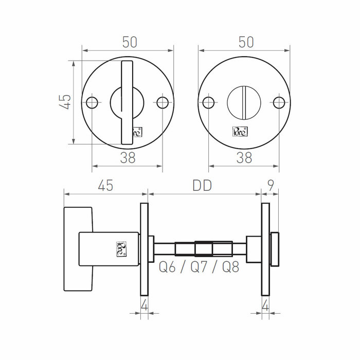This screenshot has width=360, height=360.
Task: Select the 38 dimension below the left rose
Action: (128, 158)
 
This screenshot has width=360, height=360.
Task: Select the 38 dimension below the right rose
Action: (244, 158)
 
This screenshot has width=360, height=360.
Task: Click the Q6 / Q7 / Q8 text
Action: (199, 267)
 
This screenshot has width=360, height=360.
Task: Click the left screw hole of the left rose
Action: (92, 102)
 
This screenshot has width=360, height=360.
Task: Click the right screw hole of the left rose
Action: (163, 102)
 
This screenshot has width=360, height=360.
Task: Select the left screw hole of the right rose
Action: (208, 102)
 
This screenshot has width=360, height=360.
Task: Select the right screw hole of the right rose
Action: (279, 102)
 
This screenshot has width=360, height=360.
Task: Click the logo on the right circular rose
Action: (240, 131)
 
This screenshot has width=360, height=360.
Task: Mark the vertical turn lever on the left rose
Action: (127, 102)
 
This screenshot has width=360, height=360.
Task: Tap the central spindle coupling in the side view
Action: (203, 249)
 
